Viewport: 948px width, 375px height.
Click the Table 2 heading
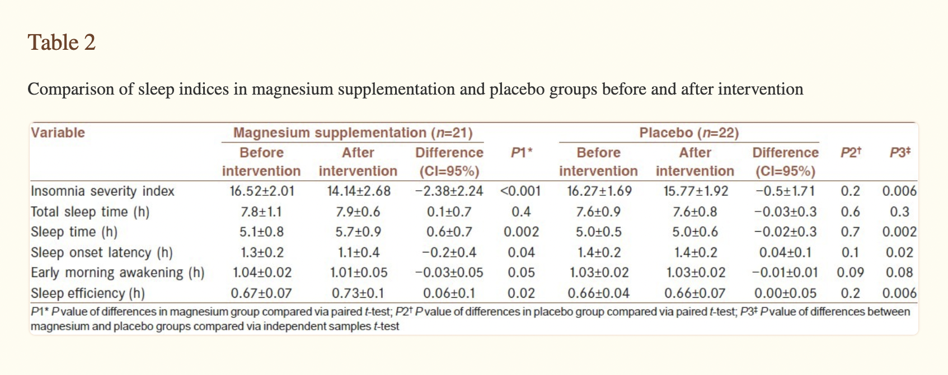click(62, 43)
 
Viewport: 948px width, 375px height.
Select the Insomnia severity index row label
click(102, 191)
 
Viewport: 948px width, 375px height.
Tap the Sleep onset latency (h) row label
click(102, 252)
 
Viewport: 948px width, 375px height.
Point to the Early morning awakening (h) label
click(118, 273)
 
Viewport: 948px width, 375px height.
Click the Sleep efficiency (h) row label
click(88, 293)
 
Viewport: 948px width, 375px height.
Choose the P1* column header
click(522, 152)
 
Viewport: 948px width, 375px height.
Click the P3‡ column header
click(900, 152)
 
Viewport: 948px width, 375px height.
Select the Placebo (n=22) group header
click(689, 133)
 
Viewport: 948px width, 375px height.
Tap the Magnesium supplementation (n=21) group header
click(353, 133)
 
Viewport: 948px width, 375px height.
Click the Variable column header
click(58, 133)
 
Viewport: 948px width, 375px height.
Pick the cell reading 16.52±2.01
click(261, 191)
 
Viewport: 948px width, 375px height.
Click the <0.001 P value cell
click(520, 191)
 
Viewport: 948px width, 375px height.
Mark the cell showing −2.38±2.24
click(449, 191)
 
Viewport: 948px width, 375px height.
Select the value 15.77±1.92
click(696, 191)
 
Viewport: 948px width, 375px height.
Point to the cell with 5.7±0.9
click(358, 232)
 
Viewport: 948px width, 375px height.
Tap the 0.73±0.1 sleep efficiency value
click(358, 293)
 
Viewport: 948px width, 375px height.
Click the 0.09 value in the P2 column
click(850, 273)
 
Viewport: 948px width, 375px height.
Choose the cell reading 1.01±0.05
click(359, 273)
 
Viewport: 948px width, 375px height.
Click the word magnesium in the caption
click(293, 90)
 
